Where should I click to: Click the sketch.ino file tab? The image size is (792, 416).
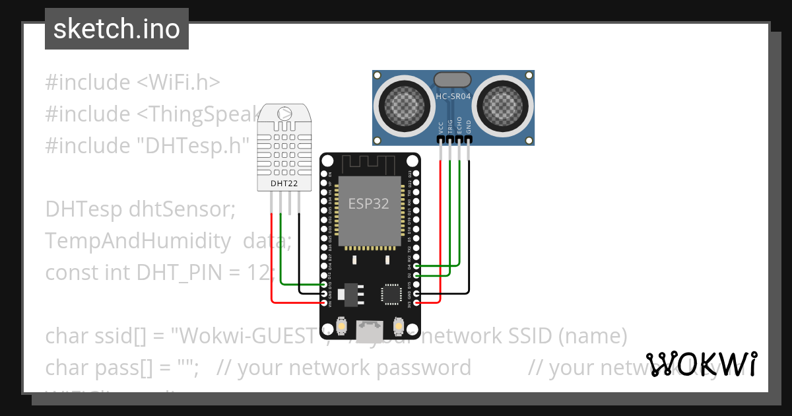coord(116,29)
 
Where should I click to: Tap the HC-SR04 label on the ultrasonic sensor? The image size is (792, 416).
coord(453,96)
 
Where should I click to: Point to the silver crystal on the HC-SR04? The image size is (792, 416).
coord(453,80)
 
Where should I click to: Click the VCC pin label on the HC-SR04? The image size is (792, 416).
coord(442,128)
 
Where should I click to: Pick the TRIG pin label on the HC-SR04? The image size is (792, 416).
coord(451,127)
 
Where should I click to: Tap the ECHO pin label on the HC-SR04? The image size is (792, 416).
coord(460,127)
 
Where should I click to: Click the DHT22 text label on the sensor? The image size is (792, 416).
coord(284,182)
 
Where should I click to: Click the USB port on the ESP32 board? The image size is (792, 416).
coord(370,328)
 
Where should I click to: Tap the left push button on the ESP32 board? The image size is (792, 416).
coord(342,326)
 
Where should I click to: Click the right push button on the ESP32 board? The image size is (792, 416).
coord(398,326)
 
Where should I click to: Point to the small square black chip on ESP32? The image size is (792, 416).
coord(391,294)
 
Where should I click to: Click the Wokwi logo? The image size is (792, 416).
coord(701,364)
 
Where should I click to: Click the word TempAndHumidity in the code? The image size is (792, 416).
coord(138,241)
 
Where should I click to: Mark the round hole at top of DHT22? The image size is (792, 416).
coord(284,114)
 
